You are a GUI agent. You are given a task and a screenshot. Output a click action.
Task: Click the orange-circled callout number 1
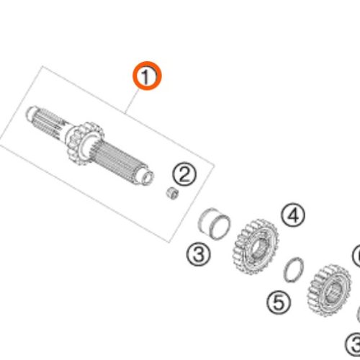148,76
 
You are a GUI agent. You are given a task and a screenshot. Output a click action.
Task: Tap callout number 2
184,174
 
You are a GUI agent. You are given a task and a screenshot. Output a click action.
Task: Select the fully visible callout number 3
199,253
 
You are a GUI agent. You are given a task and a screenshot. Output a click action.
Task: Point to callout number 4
293,215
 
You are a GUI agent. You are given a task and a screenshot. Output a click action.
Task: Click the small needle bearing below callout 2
173,194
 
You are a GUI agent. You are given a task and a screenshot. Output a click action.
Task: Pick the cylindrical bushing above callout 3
214,224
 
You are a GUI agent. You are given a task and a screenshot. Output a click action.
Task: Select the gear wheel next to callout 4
256,246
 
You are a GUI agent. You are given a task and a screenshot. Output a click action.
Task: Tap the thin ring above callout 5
293,269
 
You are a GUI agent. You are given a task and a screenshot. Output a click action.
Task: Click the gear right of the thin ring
329,290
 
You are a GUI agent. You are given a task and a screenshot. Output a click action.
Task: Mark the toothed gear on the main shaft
84,143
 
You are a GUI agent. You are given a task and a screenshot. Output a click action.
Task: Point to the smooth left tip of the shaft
31,113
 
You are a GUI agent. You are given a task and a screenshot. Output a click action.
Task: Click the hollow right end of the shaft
146,178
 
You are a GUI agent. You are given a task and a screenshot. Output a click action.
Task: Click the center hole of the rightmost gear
332,291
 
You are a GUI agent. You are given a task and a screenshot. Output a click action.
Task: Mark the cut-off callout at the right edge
356,256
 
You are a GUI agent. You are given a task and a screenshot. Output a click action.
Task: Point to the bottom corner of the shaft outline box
169,243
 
